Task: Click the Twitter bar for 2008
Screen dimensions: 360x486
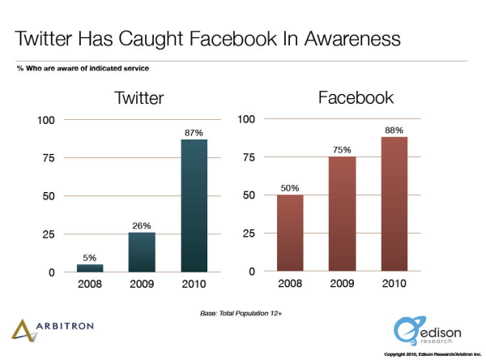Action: (x=90, y=268)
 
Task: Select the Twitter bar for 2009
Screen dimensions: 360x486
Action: (x=142, y=252)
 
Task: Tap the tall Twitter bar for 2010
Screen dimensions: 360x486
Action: (x=194, y=206)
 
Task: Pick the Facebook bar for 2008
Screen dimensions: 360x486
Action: (x=290, y=233)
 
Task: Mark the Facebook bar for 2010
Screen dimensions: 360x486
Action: (x=394, y=204)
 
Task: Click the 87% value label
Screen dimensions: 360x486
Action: (x=194, y=131)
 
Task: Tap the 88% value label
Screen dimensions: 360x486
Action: (x=394, y=129)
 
